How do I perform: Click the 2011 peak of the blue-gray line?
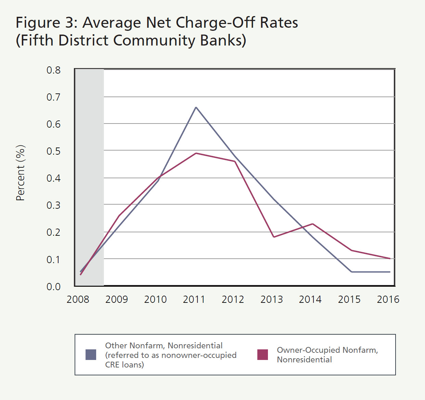click(196, 107)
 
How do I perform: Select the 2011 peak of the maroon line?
click(196, 153)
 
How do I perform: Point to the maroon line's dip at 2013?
click(274, 237)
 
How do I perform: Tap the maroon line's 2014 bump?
click(312, 224)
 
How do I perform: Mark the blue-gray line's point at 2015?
click(351, 272)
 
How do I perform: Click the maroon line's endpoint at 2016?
click(390, 258)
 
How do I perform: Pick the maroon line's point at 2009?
click(119, 216)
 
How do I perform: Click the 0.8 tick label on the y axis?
click(53, 70)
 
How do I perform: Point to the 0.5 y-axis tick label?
click(53, 151)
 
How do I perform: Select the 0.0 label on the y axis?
click(53, 287)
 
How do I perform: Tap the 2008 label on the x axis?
click(78, 299)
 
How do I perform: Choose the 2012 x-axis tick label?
click(233, 299)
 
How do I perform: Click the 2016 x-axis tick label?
click(388, 299)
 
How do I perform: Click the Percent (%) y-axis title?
click(21, 173)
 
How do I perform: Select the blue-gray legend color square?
click(91, 355)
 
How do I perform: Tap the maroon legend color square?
click(262, 355)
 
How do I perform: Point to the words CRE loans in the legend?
click(125, 365)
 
